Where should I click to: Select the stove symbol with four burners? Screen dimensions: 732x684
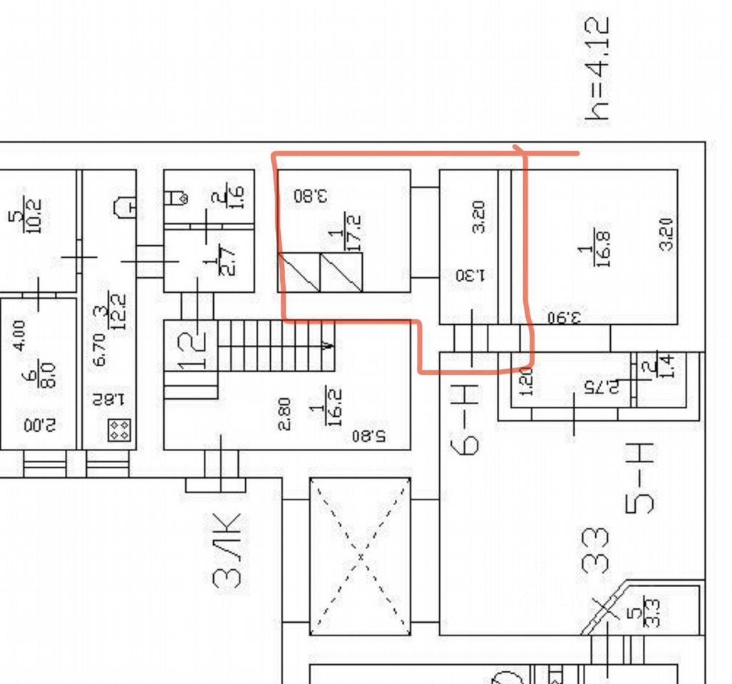[118, 429]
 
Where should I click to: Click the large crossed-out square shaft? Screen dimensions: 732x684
[360, 556]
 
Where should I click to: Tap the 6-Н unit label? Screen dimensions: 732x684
[465, 418]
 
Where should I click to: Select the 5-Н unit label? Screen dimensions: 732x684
[640, 478]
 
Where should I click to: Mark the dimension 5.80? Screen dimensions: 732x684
[370, 435]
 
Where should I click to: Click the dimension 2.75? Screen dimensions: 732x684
[597, 388]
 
